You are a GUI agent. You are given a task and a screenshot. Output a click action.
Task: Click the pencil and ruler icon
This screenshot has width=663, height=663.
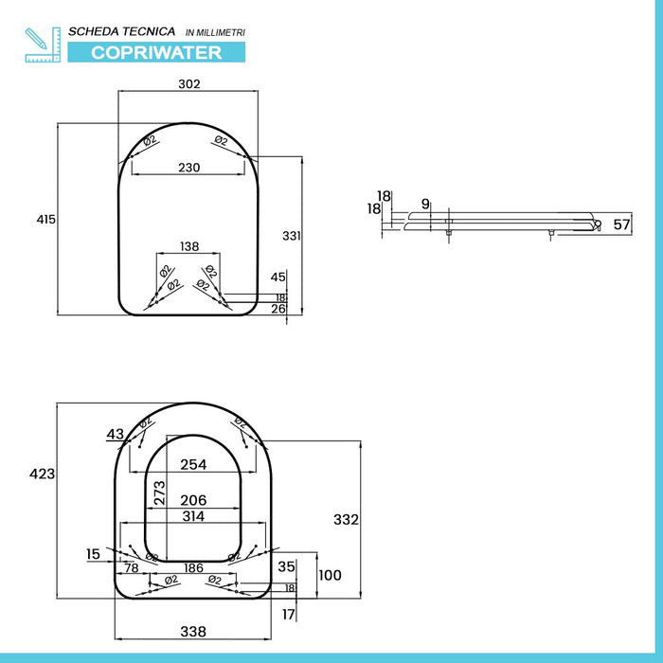42,44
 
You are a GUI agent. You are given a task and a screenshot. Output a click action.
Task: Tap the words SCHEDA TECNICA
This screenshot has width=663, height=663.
129,31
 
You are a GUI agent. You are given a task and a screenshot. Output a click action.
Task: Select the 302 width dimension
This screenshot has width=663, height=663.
189,84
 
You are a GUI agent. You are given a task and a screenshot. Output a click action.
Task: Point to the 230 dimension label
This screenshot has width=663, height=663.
189,168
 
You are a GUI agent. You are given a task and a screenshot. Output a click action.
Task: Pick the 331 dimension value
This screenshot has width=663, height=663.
292,235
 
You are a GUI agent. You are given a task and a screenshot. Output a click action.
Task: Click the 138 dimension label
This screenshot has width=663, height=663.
189,246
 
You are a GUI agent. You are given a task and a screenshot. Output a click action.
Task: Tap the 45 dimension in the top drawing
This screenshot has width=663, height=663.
278,277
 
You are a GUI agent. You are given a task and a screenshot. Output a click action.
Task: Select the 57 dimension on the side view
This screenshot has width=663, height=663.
621,224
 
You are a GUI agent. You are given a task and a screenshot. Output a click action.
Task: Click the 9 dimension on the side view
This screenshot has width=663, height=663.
425,204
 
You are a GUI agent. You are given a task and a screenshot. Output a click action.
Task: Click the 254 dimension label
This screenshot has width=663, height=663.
193,464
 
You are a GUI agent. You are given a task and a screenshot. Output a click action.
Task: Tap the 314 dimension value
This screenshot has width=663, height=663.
193,516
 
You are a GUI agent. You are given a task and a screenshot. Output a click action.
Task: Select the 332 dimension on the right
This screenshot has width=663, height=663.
347,519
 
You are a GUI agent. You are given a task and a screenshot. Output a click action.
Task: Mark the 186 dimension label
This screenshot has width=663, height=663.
193,567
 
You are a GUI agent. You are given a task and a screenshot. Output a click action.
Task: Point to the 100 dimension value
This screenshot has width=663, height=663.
329,575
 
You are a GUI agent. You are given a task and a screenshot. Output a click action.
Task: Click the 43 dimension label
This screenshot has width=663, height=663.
116,434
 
